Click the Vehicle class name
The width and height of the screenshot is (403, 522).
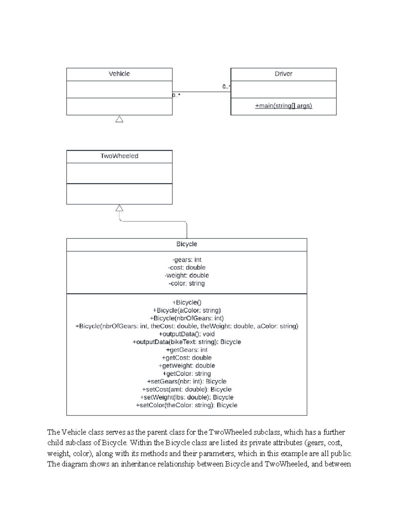pos(119,74)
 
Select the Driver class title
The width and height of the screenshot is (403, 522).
pos(283,74)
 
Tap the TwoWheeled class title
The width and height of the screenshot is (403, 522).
pos(119,156)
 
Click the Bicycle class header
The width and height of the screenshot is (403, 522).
pos(186,244)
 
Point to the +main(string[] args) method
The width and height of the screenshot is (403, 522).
pos(283,106)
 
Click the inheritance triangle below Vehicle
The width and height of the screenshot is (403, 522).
pos(119,119)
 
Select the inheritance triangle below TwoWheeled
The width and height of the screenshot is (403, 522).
pos(119,208)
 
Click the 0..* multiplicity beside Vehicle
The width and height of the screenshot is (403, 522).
pos(177,95)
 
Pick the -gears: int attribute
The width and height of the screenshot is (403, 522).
pos(186,260)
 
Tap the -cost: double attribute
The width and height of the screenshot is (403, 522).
pos(186,268)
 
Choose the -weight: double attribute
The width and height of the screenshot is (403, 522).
pos(186,276)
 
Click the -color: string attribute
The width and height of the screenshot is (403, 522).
pos(186,283)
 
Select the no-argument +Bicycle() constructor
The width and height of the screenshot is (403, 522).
pos(186,303)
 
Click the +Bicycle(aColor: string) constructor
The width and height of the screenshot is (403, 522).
pos(186,310)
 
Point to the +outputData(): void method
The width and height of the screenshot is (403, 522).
pos(186,334)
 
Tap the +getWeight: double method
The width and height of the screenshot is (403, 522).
pos(186,366)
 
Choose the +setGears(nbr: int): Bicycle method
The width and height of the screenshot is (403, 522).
pos(186,382)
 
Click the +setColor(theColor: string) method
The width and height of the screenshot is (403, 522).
pos(186,405)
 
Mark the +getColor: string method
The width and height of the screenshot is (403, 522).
pos(186,374)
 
